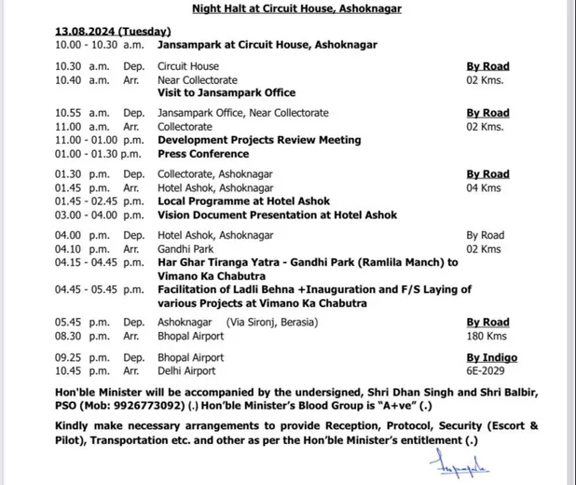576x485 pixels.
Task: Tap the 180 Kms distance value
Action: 486,335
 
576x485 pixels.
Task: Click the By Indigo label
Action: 490,357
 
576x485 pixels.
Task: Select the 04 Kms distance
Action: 484,187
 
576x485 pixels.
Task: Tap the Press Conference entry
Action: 202,153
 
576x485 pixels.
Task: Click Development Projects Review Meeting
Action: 246,140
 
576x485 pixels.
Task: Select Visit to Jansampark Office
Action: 226,92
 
